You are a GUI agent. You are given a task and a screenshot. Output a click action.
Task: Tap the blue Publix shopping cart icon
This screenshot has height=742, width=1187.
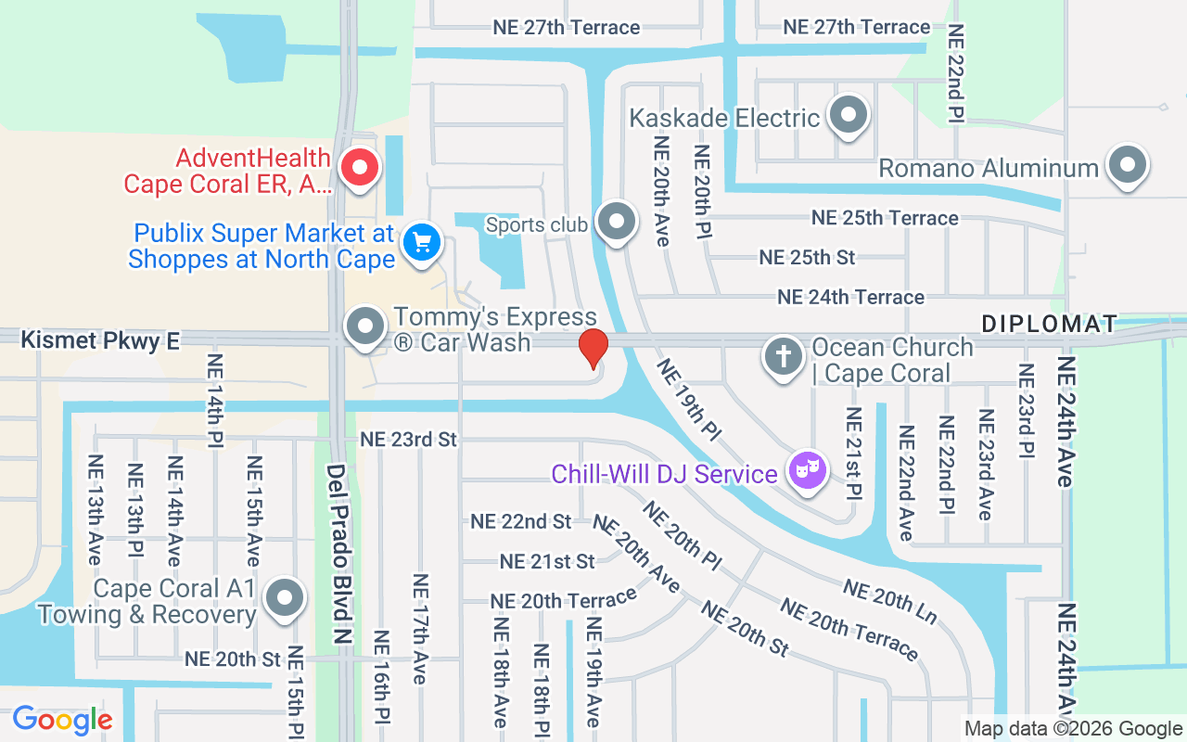click(422, 243)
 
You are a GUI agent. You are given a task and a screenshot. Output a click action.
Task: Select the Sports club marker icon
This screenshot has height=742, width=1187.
click(615, 223)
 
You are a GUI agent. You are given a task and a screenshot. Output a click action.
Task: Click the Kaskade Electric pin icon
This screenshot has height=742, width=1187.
click(848, 117)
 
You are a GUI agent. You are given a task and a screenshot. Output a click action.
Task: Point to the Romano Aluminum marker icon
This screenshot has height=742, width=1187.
click(1127, 166)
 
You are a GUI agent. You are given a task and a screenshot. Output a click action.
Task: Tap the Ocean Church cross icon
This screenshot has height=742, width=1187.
click(784, 357)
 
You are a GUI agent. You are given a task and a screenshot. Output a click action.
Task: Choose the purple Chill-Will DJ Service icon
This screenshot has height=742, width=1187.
click(807, 470)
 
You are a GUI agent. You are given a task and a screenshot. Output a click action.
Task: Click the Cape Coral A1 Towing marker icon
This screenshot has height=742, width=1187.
click(284, 598)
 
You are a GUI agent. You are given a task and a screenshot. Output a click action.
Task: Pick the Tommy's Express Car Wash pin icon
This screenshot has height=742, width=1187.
click(365, 327)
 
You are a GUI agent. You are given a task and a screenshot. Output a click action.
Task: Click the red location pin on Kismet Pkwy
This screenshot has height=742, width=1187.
click(593, 349)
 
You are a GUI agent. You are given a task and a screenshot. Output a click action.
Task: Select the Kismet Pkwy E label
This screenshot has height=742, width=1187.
click(100, 340)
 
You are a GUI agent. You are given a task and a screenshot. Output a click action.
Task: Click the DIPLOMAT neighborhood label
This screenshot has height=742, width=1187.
click(1050, 324)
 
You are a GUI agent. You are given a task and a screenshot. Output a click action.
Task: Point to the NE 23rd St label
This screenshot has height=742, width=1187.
click(409, 439)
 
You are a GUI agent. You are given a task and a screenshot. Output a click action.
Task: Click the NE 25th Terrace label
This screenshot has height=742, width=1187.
click(885, 218)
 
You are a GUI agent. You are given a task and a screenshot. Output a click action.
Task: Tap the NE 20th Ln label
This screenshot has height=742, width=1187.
click(889, 601)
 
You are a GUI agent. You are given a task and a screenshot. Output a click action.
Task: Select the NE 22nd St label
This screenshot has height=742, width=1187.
click(520, 521)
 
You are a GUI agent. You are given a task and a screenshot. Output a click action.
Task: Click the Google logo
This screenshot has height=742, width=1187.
click(62, 720)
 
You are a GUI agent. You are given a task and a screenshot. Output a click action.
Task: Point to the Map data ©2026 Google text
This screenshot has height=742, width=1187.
click(1073, 729)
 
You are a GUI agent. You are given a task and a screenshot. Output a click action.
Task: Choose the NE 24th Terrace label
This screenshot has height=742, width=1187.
click(850, 298)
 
